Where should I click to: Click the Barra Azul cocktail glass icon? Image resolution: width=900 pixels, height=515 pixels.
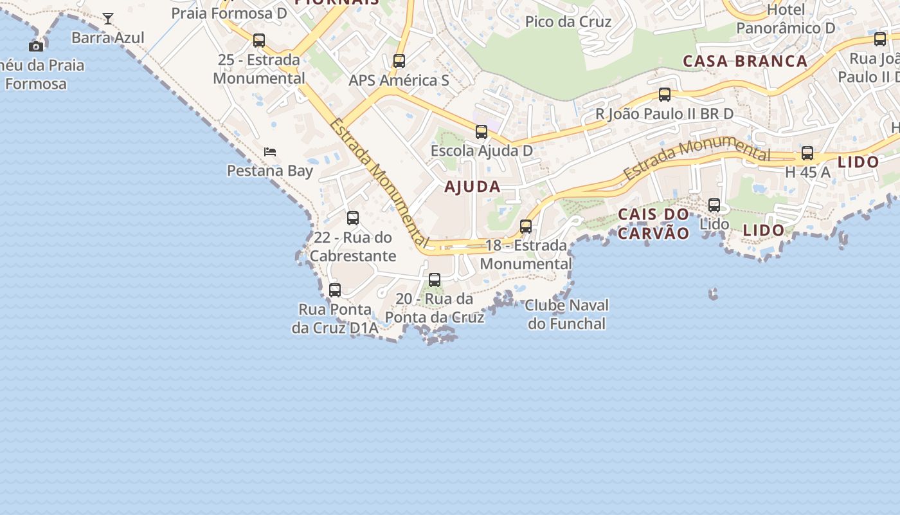[108, 19]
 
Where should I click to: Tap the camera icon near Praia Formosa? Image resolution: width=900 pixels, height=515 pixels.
[36, 46]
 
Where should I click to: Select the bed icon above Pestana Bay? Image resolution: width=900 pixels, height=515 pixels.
[270, 152]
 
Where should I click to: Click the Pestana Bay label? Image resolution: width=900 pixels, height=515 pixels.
[270, 171]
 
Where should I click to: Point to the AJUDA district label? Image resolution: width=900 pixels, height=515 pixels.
[473, 187]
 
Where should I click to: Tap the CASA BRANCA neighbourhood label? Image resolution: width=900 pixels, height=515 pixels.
[745, 61]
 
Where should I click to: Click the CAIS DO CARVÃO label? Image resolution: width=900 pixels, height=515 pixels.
[653, 223]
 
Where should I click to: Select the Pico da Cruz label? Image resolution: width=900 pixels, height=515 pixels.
[568, 21]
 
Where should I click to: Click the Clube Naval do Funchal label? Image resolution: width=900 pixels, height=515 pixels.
[566, 314]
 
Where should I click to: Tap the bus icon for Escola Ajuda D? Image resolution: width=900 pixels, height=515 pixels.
[482, 132]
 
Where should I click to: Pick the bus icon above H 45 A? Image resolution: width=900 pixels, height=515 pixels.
[807, 154]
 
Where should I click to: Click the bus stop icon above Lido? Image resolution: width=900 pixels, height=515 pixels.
[714, 205]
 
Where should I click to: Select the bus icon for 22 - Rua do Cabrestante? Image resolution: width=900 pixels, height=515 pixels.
[353, 218]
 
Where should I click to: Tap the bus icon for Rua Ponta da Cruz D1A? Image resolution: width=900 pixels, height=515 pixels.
[335, 290]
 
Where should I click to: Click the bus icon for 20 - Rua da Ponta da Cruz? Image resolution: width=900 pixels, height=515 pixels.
[435, 280]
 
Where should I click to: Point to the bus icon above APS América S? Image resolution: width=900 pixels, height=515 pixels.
[399, 61]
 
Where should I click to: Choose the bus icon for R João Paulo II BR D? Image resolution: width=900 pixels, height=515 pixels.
[665, 95]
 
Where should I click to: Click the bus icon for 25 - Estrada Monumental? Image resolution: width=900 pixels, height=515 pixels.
[259, 41]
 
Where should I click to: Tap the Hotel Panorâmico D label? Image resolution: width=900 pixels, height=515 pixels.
[786, 19]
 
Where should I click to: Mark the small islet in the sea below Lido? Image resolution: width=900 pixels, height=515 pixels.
[713, 294]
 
